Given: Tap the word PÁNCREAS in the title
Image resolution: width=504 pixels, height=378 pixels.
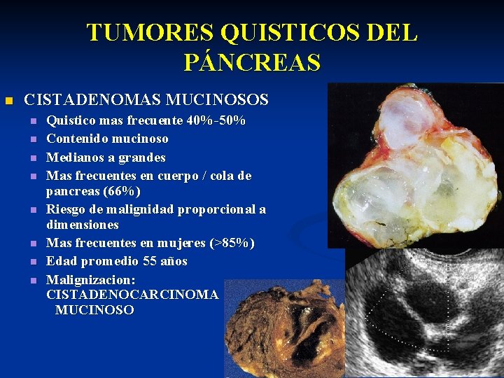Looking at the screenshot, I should [x=252, y=62].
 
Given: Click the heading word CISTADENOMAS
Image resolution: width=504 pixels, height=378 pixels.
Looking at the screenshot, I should [x=83, y=100].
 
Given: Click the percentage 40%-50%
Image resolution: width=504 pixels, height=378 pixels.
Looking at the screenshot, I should [x=216, y=120].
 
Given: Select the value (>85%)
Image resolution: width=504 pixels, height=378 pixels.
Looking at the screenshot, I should [x=232, y=243].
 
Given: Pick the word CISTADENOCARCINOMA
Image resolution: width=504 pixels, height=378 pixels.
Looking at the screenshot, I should [x=132, y=295].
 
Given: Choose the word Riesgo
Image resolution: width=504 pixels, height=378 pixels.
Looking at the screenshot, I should [x=66, y=209].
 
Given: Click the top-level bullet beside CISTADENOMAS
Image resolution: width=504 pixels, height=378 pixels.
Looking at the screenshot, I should [x=8, y=101].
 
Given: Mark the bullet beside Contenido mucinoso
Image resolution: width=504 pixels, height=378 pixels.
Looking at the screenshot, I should [x=32, y=139].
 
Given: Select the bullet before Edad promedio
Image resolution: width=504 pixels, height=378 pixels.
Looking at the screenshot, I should [x=32, y=262].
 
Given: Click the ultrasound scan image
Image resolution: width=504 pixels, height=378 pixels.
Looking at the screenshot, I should [x=423, y=311].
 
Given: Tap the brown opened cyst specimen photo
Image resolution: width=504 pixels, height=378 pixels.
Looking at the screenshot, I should [x=284, y=329].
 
